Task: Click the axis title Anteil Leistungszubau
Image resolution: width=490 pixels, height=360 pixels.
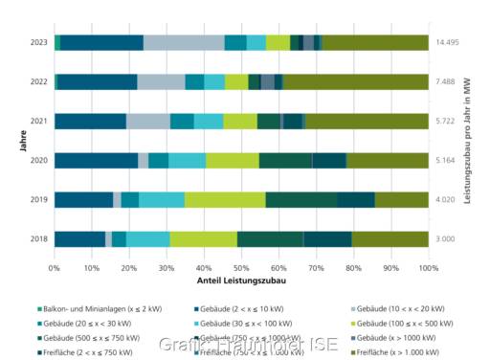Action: (241, 282)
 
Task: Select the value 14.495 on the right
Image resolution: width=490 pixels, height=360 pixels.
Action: (448, 42)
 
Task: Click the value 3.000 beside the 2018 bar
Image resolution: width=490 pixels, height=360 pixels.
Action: (446, 238)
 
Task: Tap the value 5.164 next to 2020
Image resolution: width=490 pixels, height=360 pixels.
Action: (446, 160)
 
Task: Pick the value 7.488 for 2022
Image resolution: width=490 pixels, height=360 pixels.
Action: (446, 81)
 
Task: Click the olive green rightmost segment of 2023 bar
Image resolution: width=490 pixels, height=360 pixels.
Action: (375, 42)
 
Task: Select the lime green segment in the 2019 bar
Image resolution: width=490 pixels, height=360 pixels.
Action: (225, 199)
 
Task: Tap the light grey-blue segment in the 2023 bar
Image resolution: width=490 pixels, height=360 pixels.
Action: (184, 42)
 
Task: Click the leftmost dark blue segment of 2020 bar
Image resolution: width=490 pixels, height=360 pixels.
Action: (96, 160)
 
